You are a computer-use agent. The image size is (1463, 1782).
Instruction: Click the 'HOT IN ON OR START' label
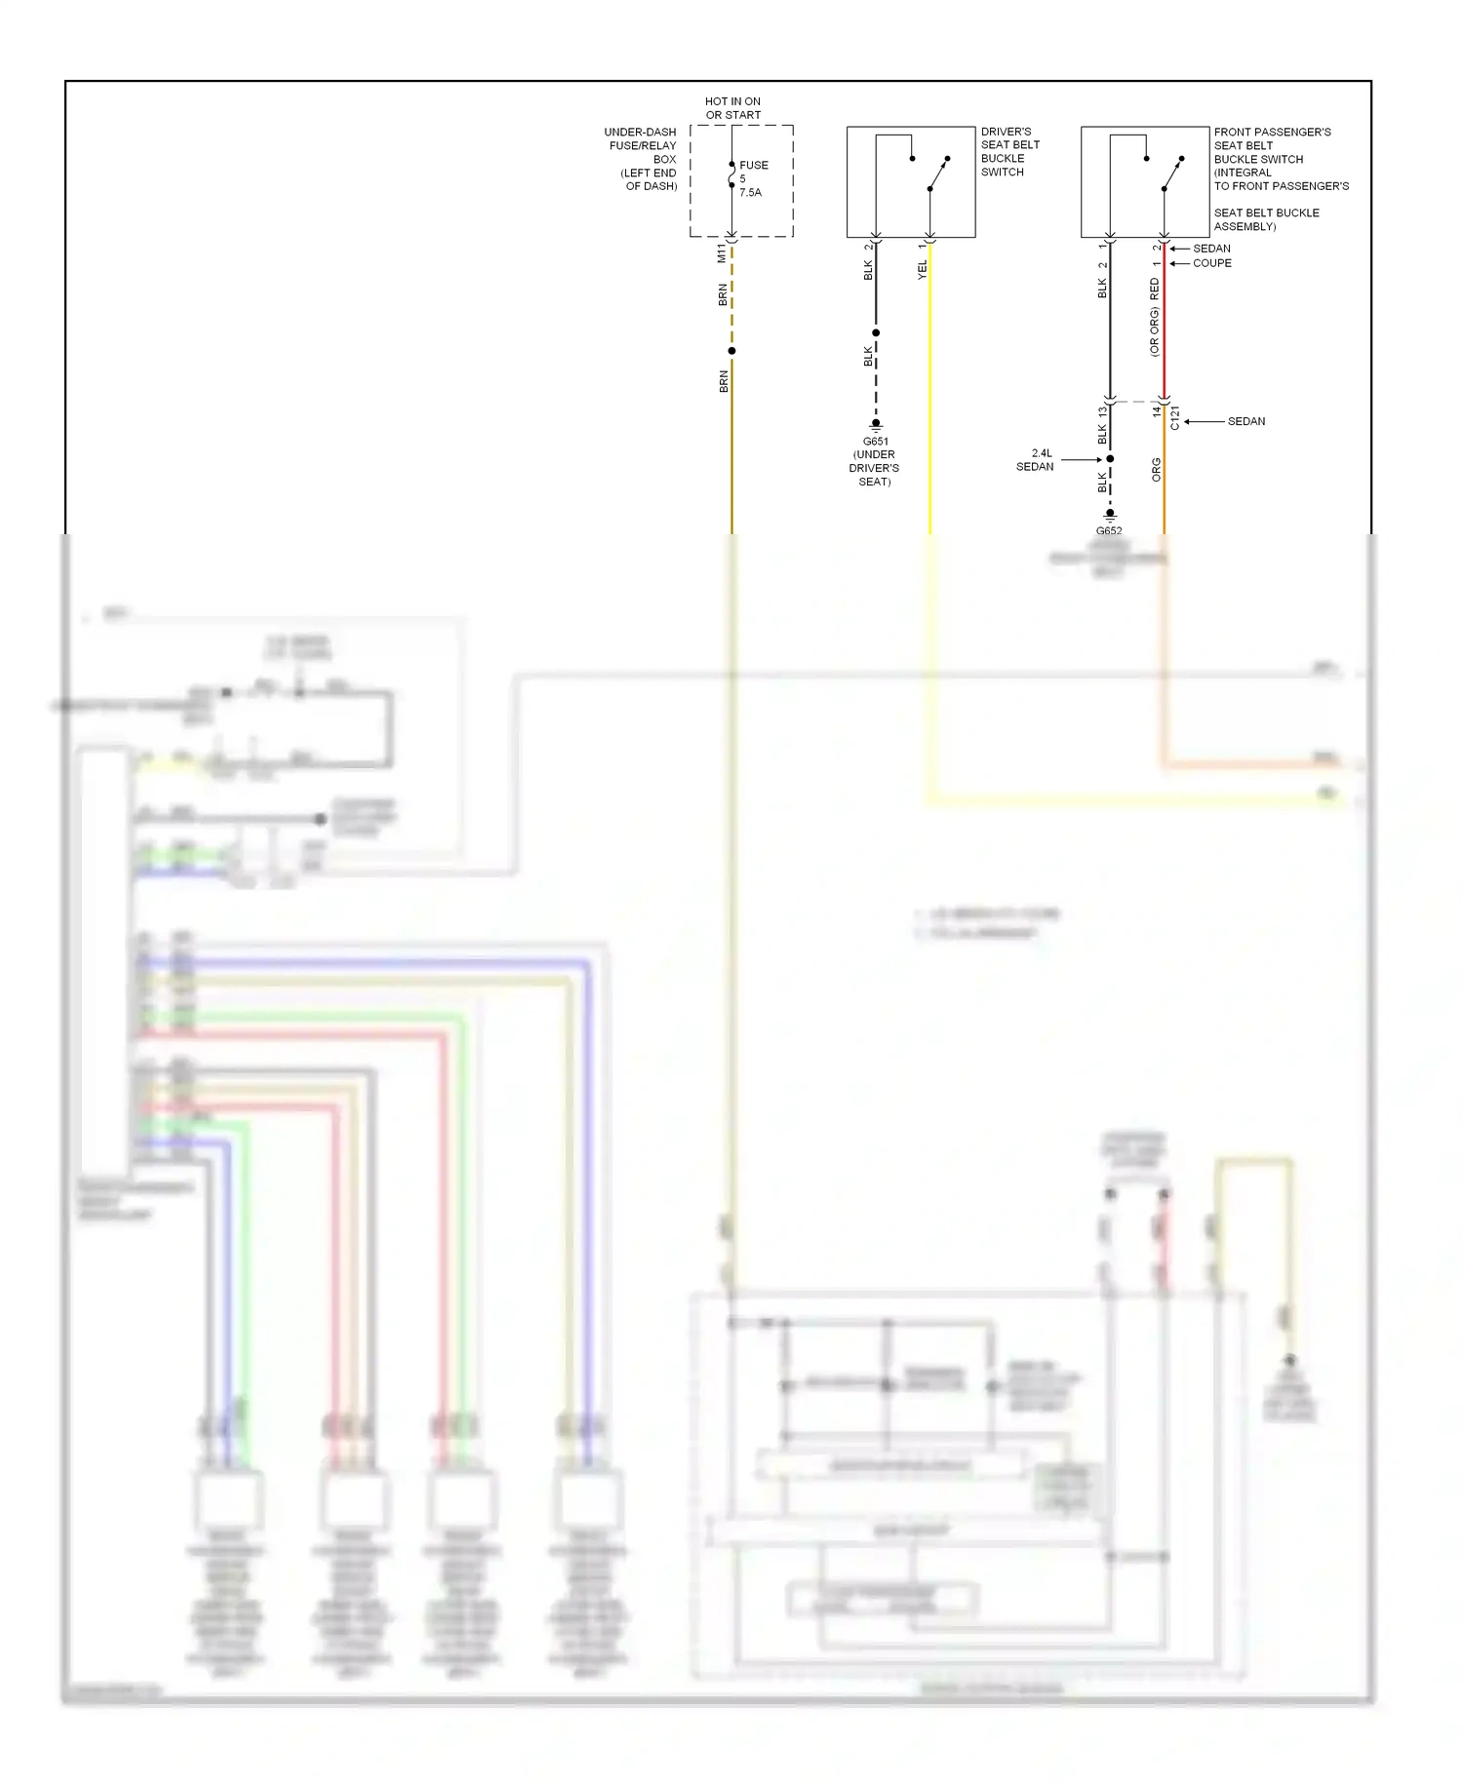point(732,108)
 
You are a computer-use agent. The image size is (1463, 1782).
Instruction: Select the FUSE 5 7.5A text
point(752,178)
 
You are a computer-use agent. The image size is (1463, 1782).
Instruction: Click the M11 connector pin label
point(722,253)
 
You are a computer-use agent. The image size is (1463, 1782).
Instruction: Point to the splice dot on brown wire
point(731,351)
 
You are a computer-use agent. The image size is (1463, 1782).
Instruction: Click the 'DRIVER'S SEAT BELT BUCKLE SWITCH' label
point(1009,151)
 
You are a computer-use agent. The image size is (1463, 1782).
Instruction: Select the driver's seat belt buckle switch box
point(910,181)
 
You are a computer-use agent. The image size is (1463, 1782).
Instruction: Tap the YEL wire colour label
point(922,270)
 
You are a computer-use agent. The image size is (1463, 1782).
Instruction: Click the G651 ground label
point(875,442)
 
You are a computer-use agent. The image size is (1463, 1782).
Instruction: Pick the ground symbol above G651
point(876,425)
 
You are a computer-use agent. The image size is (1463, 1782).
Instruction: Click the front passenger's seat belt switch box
point(1144,181)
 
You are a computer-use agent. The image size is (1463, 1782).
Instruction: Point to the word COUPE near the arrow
point(1211,263)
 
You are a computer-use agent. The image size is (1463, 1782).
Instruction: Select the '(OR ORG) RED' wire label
point(1154,317)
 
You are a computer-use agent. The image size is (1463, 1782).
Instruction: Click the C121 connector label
point(1175,417)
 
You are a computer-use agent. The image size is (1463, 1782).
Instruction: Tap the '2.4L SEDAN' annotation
point(1036,460)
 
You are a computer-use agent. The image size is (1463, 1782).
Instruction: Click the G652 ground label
point(1109,531)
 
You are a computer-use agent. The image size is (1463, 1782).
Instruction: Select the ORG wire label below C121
point(1157,470)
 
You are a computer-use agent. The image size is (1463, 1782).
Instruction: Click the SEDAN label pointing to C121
point(1246,421)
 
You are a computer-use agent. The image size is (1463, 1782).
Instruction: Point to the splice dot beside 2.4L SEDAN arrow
point(1110,459)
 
